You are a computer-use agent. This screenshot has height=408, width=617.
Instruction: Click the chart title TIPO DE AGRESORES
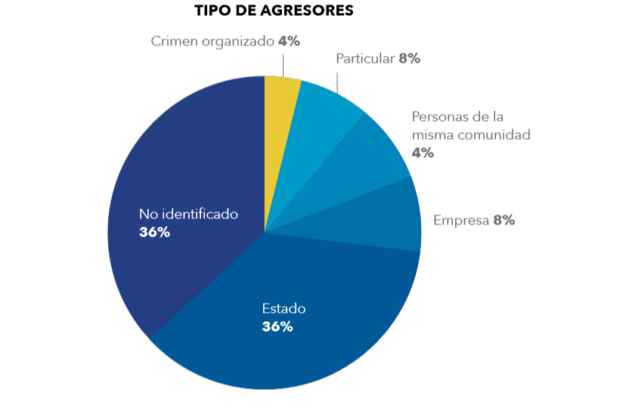pyautogui.click(x=274, y=11)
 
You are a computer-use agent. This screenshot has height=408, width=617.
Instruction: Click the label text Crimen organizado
pyautogui.click(x=212, y=42)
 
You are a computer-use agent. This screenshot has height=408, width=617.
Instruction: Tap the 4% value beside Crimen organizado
pyautogui.click(x=289, y=42)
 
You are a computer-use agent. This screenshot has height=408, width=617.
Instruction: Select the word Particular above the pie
pyautogui.click(x=365, y=58)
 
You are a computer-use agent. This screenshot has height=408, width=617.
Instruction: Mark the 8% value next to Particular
pyautogui.click(x=409, y=58)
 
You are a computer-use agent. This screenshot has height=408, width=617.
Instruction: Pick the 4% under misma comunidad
pyautogui.click(x=422, y=153)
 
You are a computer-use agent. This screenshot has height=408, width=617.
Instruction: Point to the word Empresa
pyautogui.click(x=460, y=221)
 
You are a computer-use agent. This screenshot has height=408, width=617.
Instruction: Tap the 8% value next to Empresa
pyautogui.click(x=504, y=221)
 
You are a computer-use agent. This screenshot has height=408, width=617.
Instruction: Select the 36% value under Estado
pyautogui.click(x=277, y=326)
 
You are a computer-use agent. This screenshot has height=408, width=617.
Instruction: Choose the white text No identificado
pyautogui.click(x=188, y=214)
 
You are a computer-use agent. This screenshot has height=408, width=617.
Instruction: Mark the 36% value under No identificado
pyautogui.click(x=154, y=232)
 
